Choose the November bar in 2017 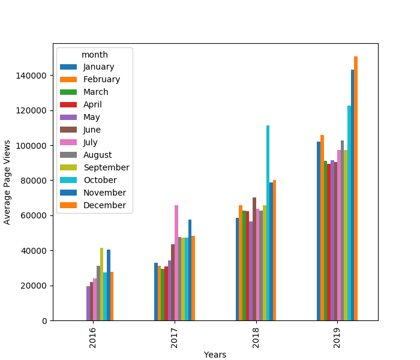click(190, 270)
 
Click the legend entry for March click(95, 92)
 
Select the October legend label click(100, 180)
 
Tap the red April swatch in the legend click(68, 104)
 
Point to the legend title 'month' click(95, 55)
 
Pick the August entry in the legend click(98, 155)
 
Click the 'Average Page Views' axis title click(7, 182)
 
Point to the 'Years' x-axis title click(215, 355)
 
